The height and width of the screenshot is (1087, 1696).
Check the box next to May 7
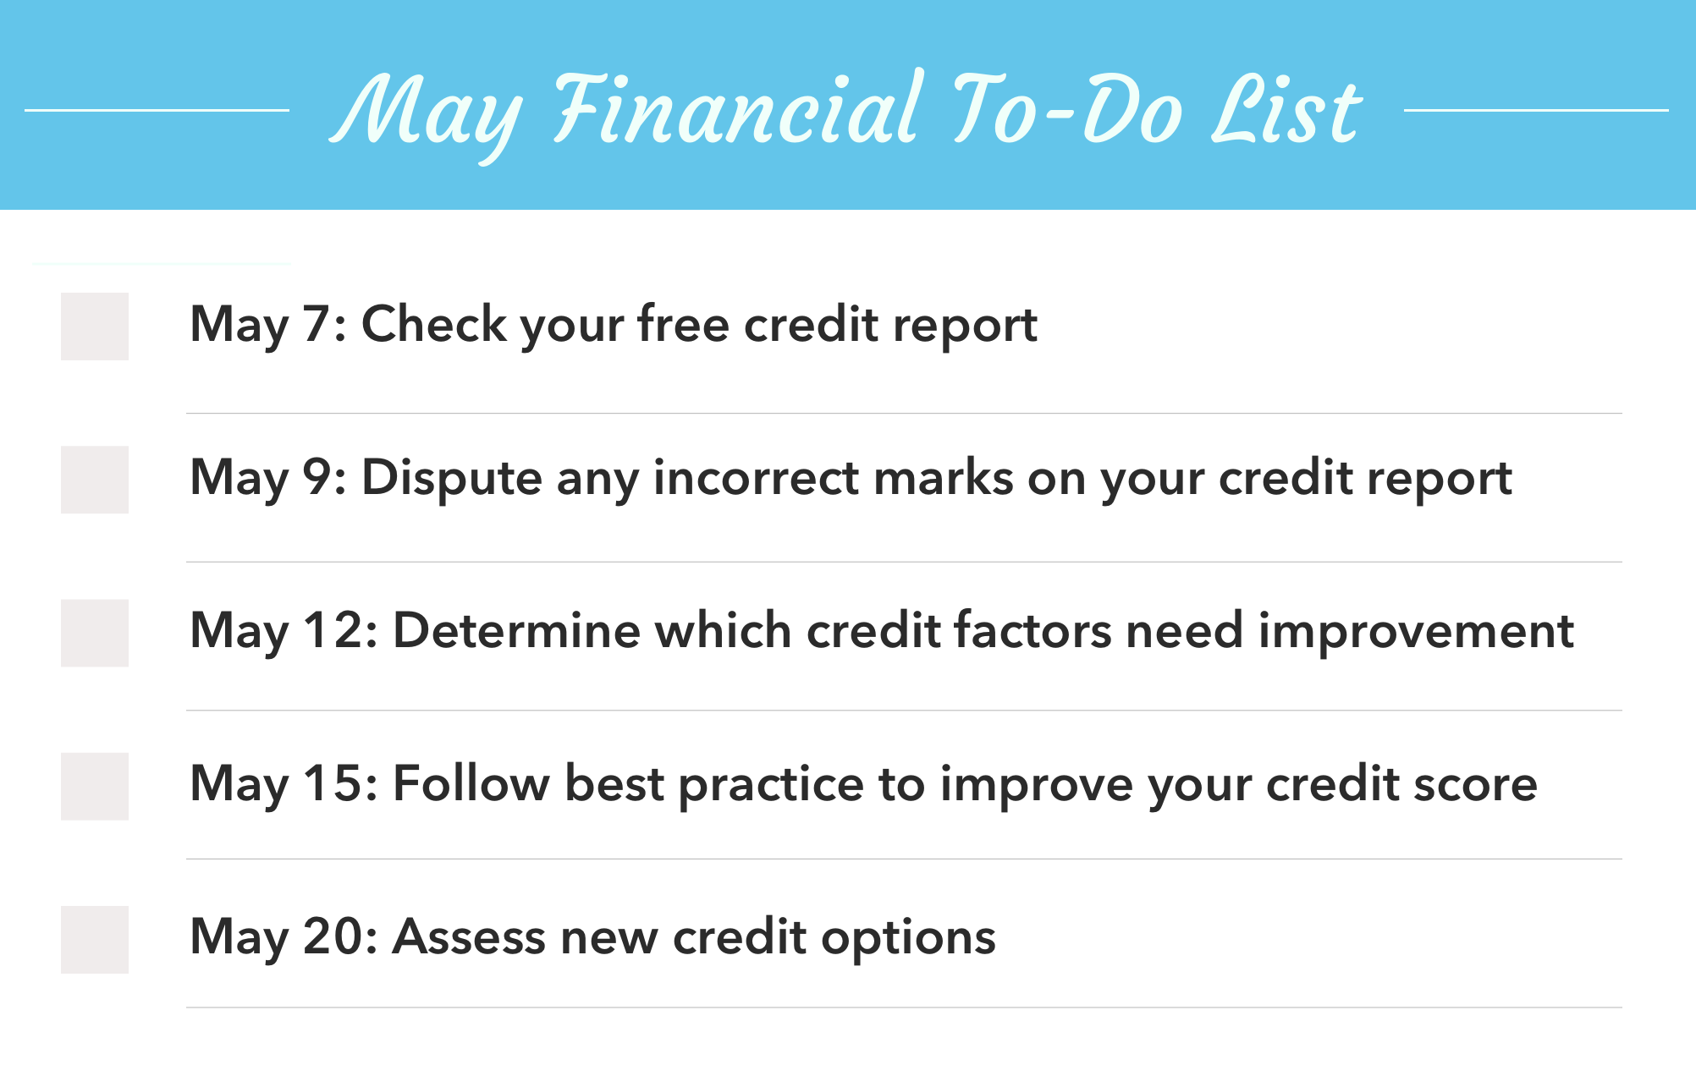pyautogui.click(x=95, y=327)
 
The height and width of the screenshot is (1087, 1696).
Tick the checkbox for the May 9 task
pyautogui.click(x=95, y=480)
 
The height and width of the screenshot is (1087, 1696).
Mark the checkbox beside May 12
pyautogui.click(x=95, y=633)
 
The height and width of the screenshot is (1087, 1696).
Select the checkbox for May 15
pyautogui.click(x=95, y=786)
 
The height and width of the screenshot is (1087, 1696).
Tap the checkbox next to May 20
pyautogui.click(x=95, y=939)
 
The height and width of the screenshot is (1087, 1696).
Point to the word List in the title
pyautogui.click(x=1286, y=110)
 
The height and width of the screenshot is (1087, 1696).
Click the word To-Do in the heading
pyautogui.click(x=1066, y=110)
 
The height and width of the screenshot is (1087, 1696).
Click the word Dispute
pyautogui.click(x=451, y=478)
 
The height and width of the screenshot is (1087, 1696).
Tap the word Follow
pyautogui.click(x=471, y=783)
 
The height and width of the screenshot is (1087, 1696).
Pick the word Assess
pyautogui.click(x=469, y=937)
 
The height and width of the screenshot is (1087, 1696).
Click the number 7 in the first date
pyautogui.click(x=317, y=325)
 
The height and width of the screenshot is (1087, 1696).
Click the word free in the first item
pyautogui.click(x=683, y=325)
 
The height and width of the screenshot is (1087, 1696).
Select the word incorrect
pyautogui.click(x=756, y=478)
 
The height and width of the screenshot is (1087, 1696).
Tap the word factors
pyautogui.click(x=1032, y=631)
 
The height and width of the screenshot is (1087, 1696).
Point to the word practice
pyautogui.click(x=771, y=785)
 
